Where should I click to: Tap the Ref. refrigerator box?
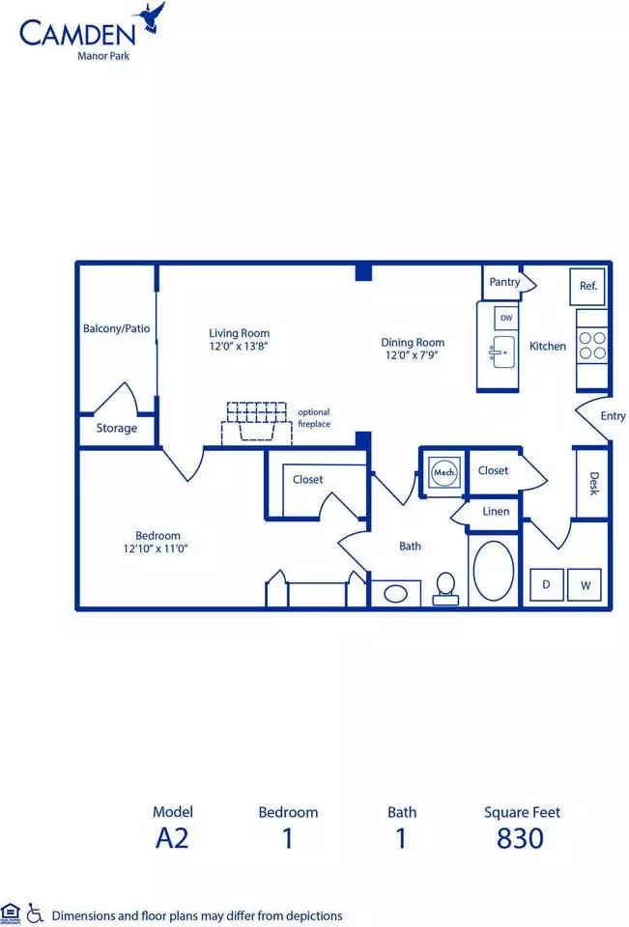(x=587, y=287)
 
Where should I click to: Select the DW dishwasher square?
(x=506, y=318)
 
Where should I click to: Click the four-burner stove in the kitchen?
(x=592, y=346)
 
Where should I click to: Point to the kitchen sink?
(x=503, y=352)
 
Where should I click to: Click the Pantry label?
(x=504, y=282)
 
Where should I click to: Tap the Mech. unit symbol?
(x=444, y=472)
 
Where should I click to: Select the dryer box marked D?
(x=546, y=585)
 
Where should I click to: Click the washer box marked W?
(x=585, y=585)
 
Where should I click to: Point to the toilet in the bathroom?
(x=445, y=589)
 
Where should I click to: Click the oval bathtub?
(x=494, y=572)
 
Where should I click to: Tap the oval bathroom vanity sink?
(x=395, y=593)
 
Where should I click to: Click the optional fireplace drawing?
(x=257, y=423)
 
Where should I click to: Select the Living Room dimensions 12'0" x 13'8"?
(x=239, y=347)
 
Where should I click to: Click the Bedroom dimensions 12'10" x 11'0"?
(x=156, y=548)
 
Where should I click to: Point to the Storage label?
(x=117, y=428)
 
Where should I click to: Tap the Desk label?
(x=594, y=483)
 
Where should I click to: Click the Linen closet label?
(x=496, y=512)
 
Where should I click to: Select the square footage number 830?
(x=520, y=838)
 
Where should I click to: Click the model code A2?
(x=172, y=838)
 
